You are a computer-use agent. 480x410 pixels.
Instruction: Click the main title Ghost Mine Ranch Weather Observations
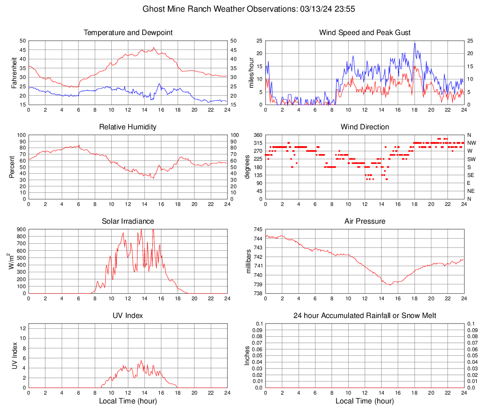tap(240, 9)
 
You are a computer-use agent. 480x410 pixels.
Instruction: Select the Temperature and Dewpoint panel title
tap(128, 33)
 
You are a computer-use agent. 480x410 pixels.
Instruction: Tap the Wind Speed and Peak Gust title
tap(365, 33)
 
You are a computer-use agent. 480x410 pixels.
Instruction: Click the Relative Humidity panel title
tap(128, 127)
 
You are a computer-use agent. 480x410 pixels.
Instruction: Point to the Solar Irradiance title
tap(128, 221)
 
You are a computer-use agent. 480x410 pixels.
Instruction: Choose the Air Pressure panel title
tap(365, 221)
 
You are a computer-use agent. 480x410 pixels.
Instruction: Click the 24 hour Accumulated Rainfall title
tap(365, 316)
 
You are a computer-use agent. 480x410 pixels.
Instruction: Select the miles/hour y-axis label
tap(251, 72)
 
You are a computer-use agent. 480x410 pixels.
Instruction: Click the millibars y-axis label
tap(251, 262)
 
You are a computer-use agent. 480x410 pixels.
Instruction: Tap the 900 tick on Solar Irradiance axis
tap(21, 230)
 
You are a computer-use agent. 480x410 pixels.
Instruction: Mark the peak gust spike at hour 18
tap(415, 43)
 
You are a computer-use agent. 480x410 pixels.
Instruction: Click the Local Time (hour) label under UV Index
tap(128, 401)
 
